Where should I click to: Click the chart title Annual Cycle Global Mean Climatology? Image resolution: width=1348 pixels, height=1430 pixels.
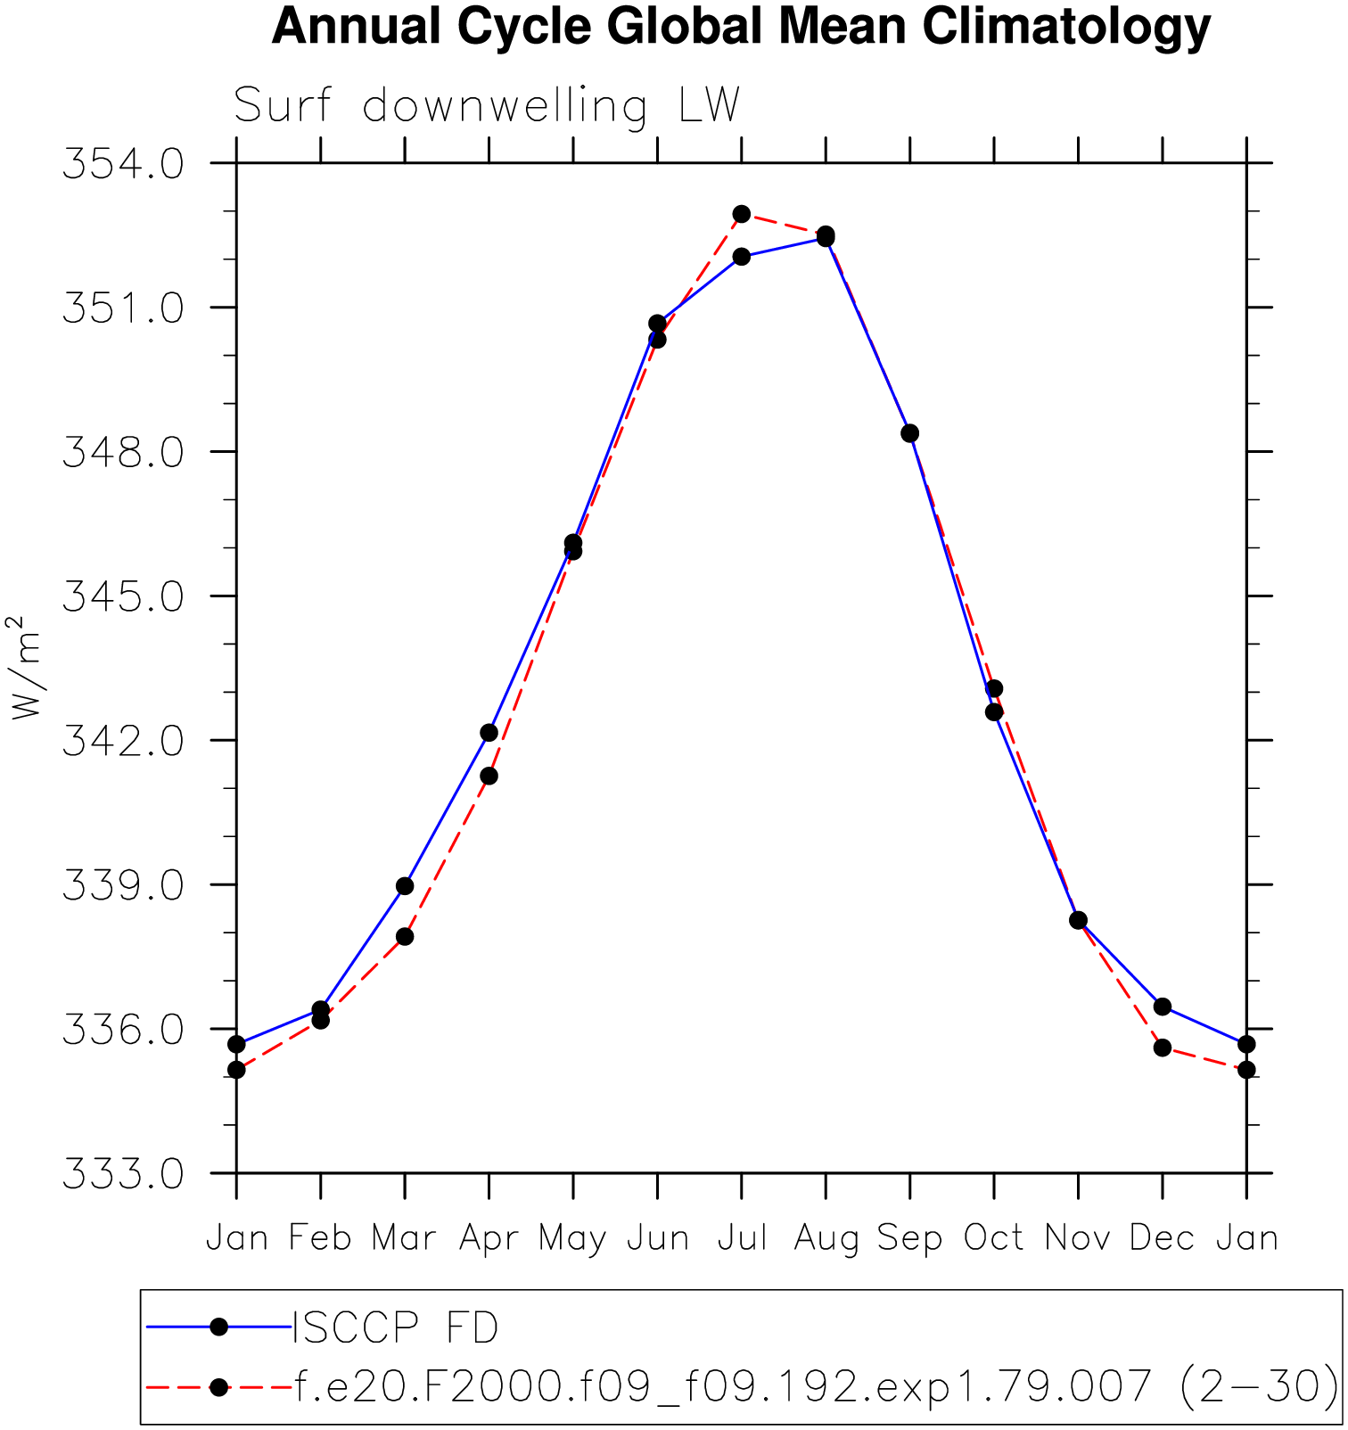tap(741, 27)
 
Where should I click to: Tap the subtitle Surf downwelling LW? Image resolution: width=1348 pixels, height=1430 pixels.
tap(487, 106)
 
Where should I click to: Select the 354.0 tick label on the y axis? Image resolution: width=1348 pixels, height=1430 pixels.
tap(123, 165)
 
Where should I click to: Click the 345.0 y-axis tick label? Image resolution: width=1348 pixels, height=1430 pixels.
tap(123, 597)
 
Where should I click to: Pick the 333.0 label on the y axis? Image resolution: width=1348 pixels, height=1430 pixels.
tap(123, 1174)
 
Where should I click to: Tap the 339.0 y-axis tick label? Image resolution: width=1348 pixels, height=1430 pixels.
tap(123, 886)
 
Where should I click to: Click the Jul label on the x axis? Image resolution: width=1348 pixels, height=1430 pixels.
tap(742, 1238)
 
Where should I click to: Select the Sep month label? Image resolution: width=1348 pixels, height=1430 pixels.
tap(909, 1239)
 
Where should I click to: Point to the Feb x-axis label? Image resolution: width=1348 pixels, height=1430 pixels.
tap(320, 1238)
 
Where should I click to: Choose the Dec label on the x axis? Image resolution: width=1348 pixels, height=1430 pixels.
tap(1162, 1238)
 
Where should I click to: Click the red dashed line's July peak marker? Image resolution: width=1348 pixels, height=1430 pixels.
tap(742, 214)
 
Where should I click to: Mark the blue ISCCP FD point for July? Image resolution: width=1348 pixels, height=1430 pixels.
tap(742, 257)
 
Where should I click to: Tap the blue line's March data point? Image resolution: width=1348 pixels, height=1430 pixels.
tap(405, 885)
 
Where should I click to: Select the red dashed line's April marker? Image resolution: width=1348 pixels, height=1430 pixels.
tap(489, 776)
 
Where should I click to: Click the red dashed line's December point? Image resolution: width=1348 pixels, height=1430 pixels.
tap(1162, 1048)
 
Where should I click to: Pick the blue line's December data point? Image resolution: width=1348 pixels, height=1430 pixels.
tap(1162, 1007)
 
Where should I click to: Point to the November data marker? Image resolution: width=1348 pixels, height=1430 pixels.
tap(1078, 920)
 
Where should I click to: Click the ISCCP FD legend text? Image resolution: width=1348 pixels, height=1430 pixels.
tap(396, 1328)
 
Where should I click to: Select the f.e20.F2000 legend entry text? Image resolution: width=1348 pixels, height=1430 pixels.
tap(816, 1386)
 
